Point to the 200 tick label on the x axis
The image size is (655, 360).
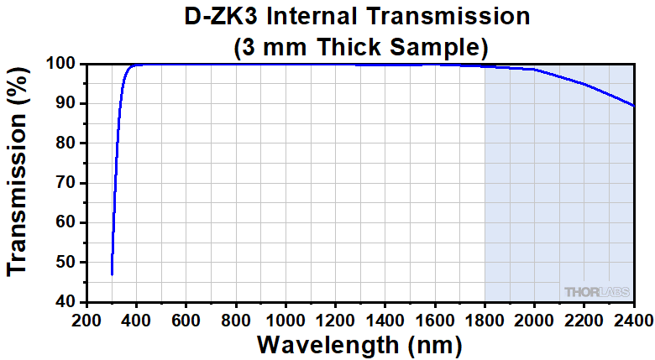coord(87,319)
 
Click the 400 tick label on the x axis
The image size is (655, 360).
coord(137,319)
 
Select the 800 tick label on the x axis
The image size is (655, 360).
coord(236,319)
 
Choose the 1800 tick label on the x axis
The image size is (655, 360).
coord(485,319)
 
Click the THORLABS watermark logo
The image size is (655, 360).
coord(596,291)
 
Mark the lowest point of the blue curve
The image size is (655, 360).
coord(112,274)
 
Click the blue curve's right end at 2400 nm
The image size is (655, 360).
coord(633,106)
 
